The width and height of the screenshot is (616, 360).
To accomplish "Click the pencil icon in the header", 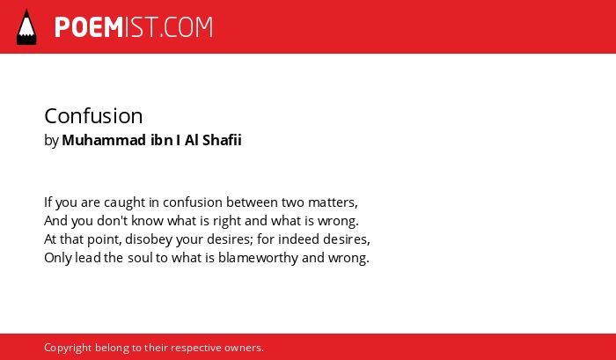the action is pyautogui.click(x=26, y=27).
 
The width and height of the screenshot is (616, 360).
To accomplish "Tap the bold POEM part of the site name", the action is pyautogui.click(x=89, y=27).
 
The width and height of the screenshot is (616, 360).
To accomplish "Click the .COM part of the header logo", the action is pyautogui.click(x=186, y=27).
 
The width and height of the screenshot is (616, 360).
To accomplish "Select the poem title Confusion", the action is pyautogui.click(x=93, y=116).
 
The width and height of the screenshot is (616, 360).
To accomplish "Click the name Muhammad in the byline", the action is pyautogui.click(x=104, y=140).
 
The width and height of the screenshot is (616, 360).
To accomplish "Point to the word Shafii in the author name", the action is pyautogui.click(x=222, y=140).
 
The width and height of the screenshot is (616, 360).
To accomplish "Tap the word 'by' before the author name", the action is pyautogui.click(x=51, y=141).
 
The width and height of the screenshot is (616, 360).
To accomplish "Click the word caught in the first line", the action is pyautogui.click(x=125, y=202).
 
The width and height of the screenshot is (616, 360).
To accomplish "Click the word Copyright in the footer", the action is pyautogui.click(x=68, y=349).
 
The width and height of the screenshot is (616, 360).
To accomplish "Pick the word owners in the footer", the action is pyautogui.click(x=244, y=349).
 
